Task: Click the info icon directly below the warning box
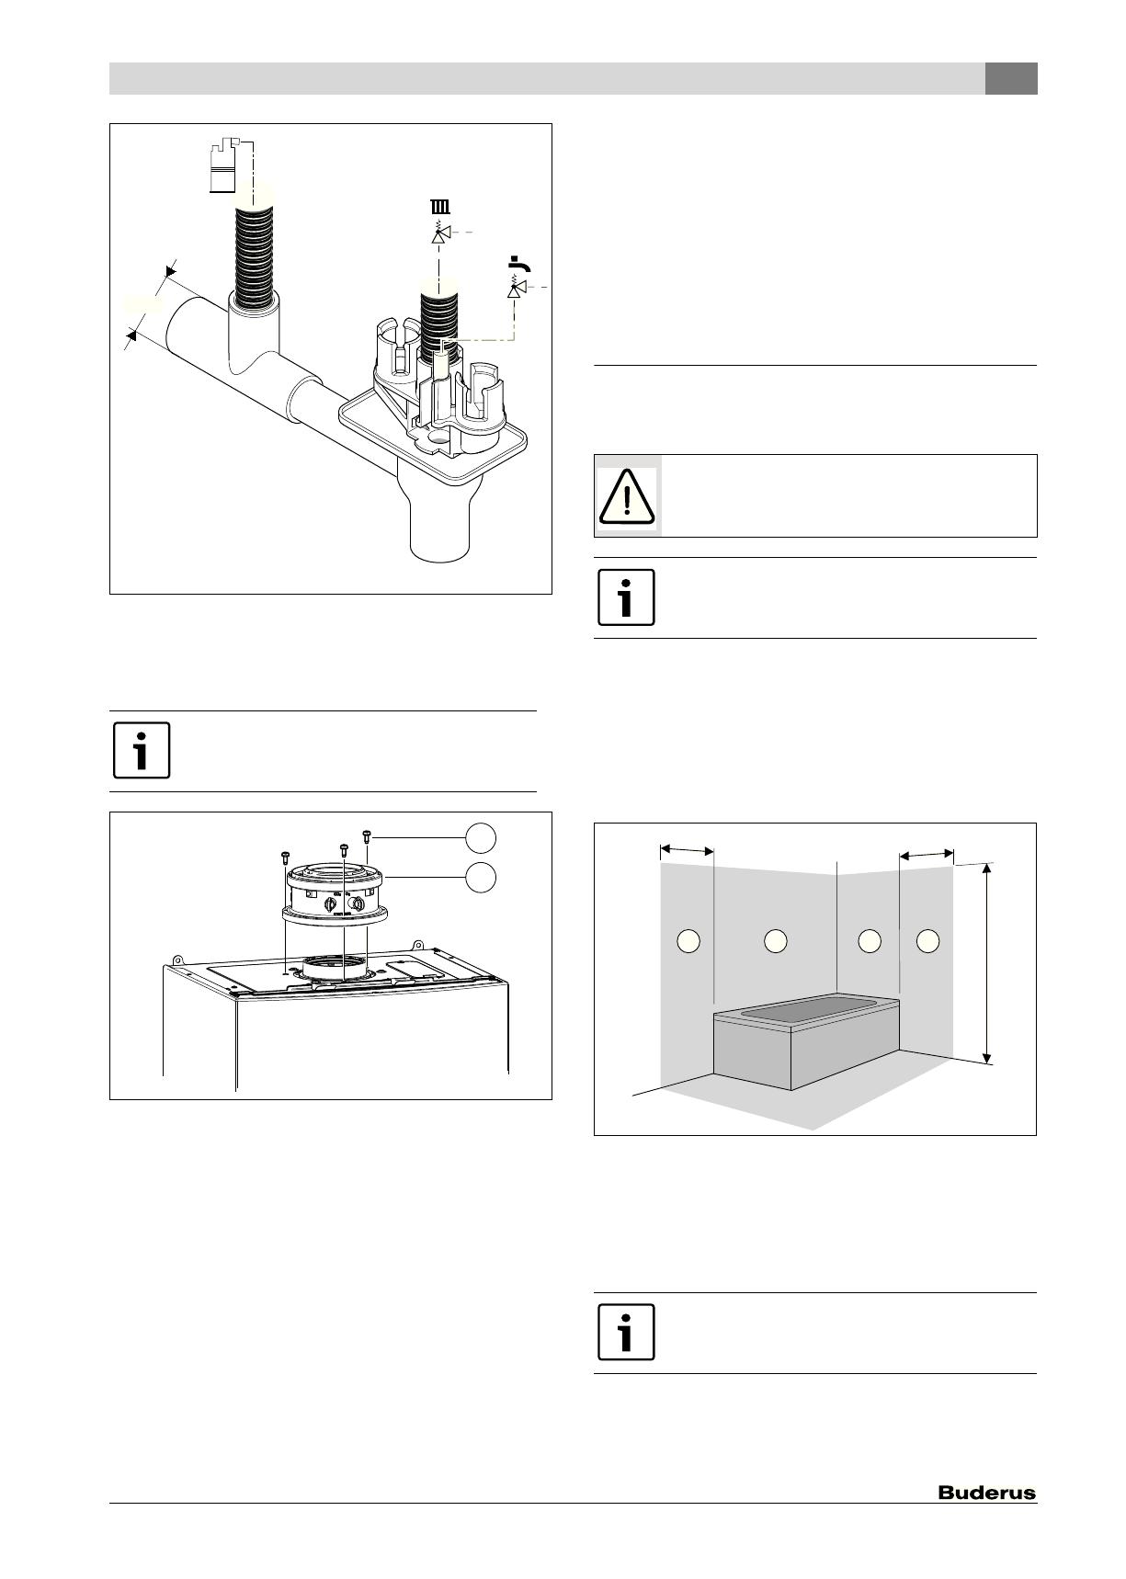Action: point(627,597)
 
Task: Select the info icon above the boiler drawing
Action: point(142,751)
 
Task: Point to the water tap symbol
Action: point(521,267)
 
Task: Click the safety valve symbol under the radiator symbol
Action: point(441,234)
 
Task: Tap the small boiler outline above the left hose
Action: point(223,166)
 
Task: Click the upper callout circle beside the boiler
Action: point(481,838)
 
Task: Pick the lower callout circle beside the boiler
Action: point(481,877)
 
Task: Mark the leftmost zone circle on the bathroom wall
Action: point(688,940)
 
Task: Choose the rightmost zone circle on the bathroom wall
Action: point(928,940)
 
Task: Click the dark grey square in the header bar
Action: point(1011,79)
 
